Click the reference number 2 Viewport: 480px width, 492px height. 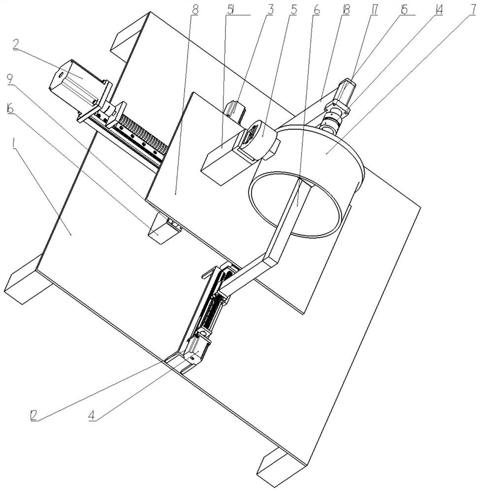click(16, 45)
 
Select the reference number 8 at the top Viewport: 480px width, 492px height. click(195, 10)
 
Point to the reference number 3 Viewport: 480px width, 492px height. click(269, 10)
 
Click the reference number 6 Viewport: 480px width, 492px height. click(316, 10)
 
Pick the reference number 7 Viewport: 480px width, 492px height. click(473, 10)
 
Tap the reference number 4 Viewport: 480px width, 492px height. click(92, 415)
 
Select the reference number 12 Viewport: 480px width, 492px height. click(33, 415)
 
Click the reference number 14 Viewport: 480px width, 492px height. click(438, 10)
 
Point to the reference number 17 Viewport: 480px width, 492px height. click(374, 10)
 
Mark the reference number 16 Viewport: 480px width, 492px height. click(10, 109)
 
